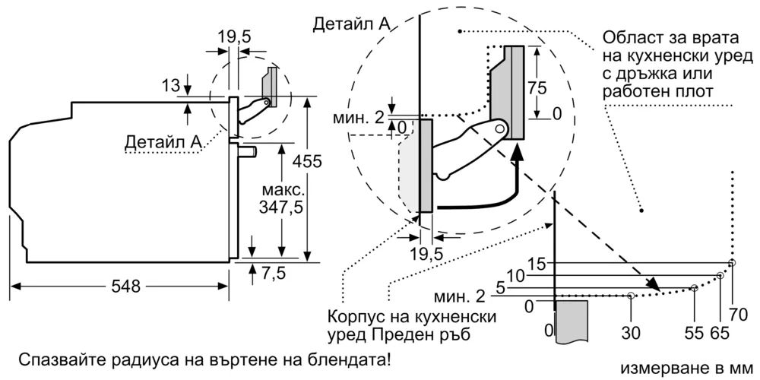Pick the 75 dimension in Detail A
(537, 86)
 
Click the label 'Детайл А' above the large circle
(350, 24)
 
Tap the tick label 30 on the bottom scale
(632, 332)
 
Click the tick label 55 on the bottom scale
(692, 332)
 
